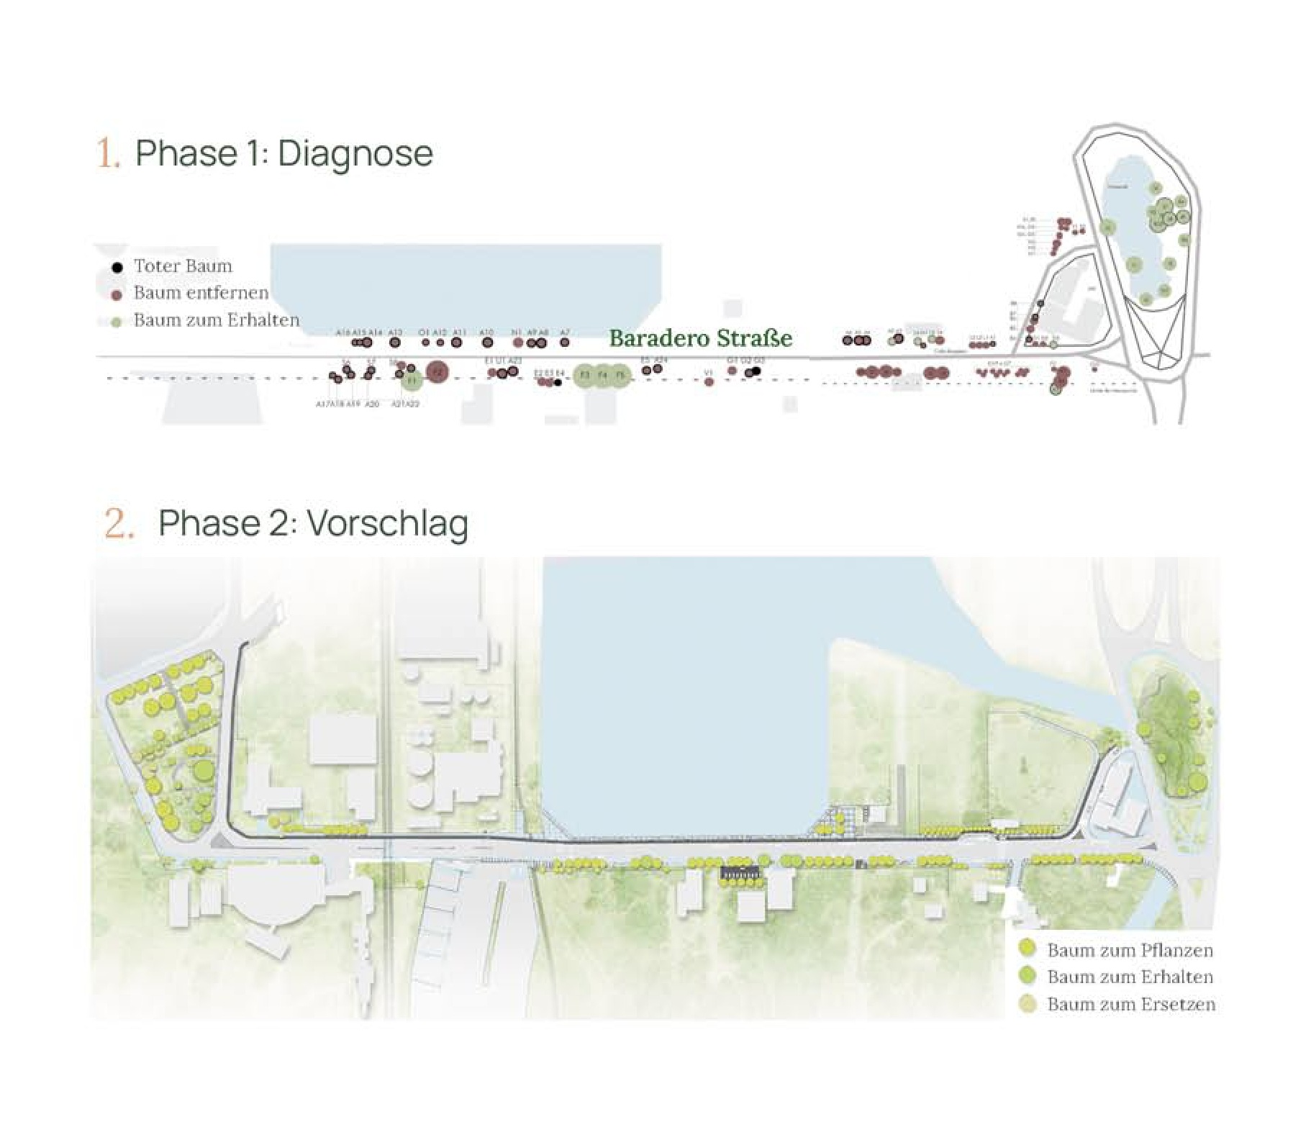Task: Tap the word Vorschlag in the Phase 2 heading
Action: (387, 523)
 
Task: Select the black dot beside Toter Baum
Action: (117, 268)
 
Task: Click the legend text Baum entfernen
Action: (201, 293)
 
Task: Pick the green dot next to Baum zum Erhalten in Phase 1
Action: (117, 321)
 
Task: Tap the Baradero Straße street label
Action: (700, 338)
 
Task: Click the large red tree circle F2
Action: (437, 371)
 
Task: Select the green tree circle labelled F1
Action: (412, 380)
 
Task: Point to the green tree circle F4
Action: (603, 375)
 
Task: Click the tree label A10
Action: (487, 332)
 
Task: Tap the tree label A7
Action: (565, 332)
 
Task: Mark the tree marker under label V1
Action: (709, 382)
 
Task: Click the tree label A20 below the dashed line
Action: (371, 404)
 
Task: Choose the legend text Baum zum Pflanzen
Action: (1130, 950)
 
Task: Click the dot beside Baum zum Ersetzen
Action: (1028, 1004)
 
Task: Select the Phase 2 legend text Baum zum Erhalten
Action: (1130, 977)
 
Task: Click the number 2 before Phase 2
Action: (119, 523)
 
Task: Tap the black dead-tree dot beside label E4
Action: (558, 382)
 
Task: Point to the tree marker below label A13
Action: (395, 343)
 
